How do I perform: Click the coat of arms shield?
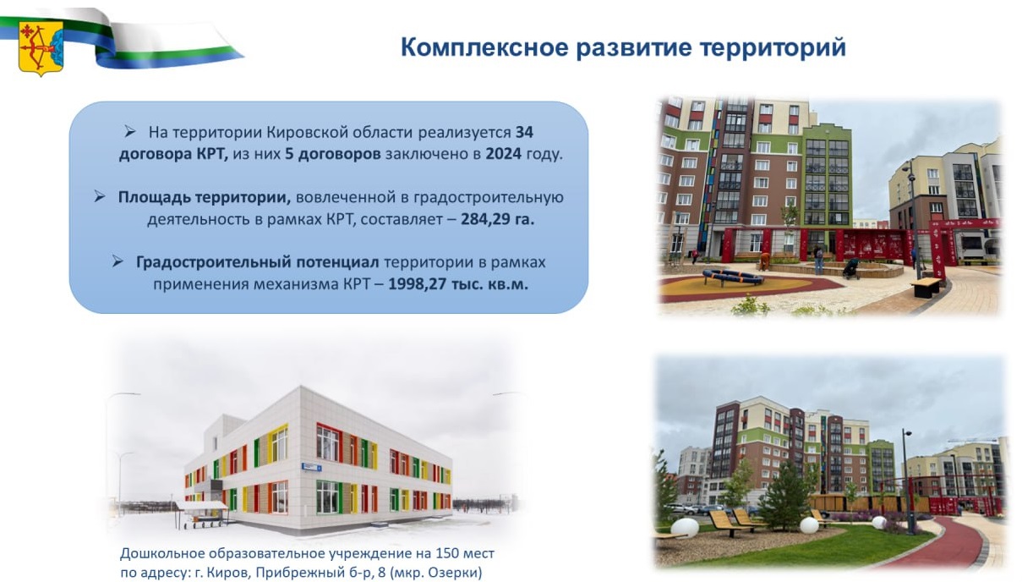41,47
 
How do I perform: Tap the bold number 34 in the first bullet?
524,133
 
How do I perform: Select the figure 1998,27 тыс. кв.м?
458,283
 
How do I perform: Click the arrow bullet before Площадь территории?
100,196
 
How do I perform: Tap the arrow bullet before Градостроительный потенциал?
118,261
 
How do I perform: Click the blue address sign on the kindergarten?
314,466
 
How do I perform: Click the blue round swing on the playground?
732,277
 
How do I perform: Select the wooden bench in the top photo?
926,286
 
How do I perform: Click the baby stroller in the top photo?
850,268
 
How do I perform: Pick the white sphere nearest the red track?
880,523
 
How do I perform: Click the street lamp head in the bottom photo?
907,433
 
